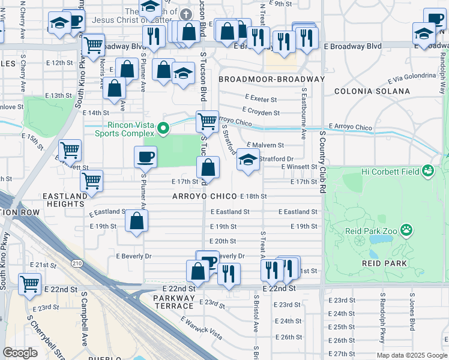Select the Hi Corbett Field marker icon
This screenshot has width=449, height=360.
pyautogui.click(x=427, y=172)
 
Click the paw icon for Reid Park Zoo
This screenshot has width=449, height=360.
pyautogui.click(x=407, y=230)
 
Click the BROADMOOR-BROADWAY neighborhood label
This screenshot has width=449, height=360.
pyautogui.click(x=271, y=79)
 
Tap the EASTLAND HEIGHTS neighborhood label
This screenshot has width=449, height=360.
pyautogui.click(x=63, y=200)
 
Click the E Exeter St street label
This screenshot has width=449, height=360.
pyautogui.click(x=261, y=99)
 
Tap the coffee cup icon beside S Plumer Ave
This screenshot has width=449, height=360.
pyautogui.click(x=146, y=158)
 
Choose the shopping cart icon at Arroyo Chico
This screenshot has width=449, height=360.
pyautogui.click(x=207, y=121)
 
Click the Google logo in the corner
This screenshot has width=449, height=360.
pyautogui.click(x=20, y=352)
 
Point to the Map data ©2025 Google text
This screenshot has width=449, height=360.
pyautogui.click(x=411, y=355)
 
